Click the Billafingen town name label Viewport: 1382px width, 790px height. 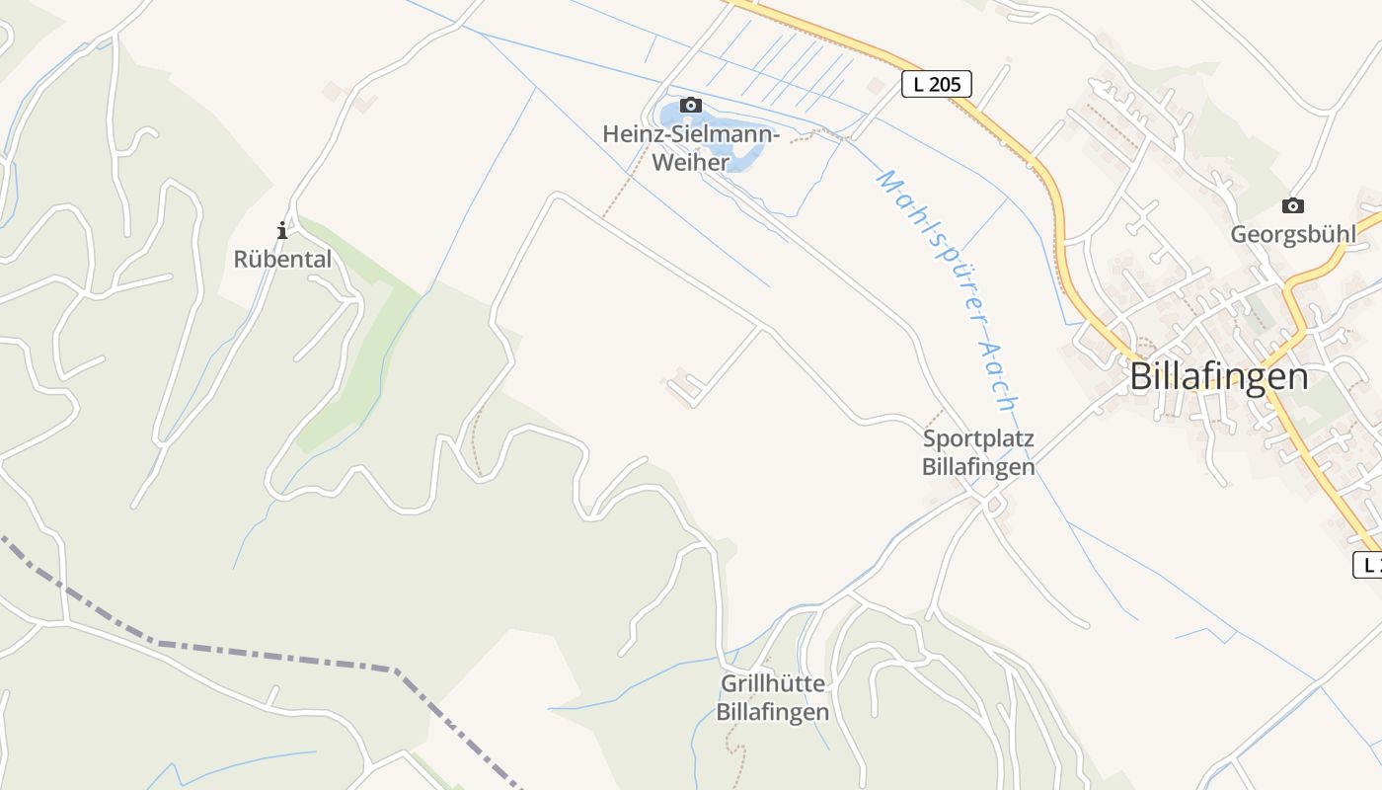(x=1218, y=376)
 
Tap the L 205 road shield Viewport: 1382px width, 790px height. (x=936, y=84)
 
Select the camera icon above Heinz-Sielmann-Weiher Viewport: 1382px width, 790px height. (x=691, y=105)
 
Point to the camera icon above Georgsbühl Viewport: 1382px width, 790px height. (x=1292, y=205)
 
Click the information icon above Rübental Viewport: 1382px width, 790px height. (x=282, y=230)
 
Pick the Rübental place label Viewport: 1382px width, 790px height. (x=282, y=259)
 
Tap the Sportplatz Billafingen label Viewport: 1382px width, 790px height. (x=978, y=452)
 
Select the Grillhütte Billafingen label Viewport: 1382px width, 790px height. (x=773, y=697)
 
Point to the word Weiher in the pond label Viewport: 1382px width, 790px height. (x=690, y=163)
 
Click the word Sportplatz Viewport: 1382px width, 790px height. (x=978, y=438)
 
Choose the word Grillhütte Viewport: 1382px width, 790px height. (x=773, y=683)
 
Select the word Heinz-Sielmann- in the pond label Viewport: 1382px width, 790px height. (x=691, y=134)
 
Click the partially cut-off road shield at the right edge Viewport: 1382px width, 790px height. (x=1368, y=565)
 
